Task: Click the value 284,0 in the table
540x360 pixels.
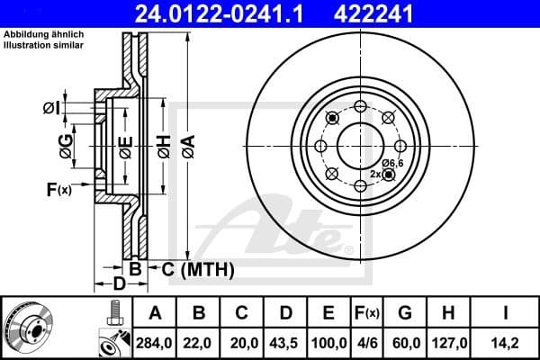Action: (155, 343)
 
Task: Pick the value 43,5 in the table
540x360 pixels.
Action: (286, 343)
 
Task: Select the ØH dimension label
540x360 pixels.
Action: (163, 144)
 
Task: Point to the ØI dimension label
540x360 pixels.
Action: (53, 109)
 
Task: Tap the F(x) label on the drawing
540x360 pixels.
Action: (58, 189)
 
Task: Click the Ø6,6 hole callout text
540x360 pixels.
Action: (392, 162)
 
